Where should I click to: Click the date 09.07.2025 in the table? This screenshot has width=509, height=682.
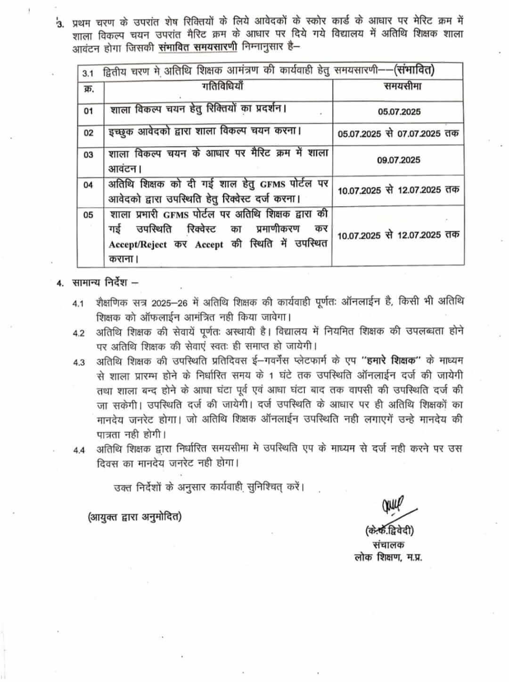click(398, 160)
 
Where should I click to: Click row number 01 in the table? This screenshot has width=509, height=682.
click(89, 111)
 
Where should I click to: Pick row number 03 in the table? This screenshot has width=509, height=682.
click(89, 155)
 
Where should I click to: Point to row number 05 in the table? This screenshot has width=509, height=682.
click(89, 215)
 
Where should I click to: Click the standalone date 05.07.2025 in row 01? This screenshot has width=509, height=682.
click(399, 112)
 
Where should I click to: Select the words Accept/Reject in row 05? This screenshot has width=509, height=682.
click(131, 245)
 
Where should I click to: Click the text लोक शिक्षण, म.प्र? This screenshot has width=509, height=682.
click(388, 557)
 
